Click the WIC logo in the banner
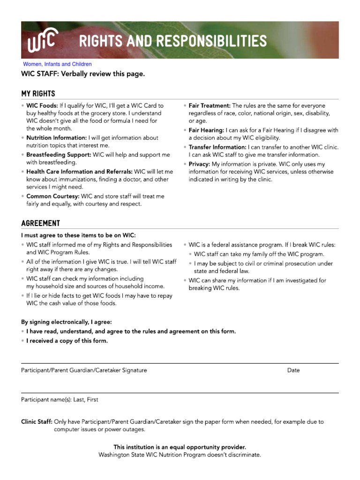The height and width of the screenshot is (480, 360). tap(42, 42)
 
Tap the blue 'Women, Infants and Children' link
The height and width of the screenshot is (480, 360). tap(58, 64)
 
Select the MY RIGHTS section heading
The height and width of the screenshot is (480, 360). tap(38, 93)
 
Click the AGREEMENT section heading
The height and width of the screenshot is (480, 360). tap(40, 223)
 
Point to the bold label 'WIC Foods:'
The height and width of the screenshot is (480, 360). tap(42, 106)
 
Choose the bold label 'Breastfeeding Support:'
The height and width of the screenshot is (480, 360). tap(59, 155)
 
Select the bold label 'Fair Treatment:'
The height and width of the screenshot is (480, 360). tap(210, 106)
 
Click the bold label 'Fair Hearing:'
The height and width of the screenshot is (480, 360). tap(206, 130)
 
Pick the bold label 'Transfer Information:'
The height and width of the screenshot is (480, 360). tap(217, 147)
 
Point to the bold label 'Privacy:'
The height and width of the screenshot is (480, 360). tap(199, 164)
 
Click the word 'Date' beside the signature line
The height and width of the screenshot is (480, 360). tap(293, 370)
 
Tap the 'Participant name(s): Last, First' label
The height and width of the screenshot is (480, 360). tap(60, 400)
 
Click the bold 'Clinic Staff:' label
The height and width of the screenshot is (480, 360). tap(37, 422)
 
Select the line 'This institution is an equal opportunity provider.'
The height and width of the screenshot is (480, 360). tap(180, 447)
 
